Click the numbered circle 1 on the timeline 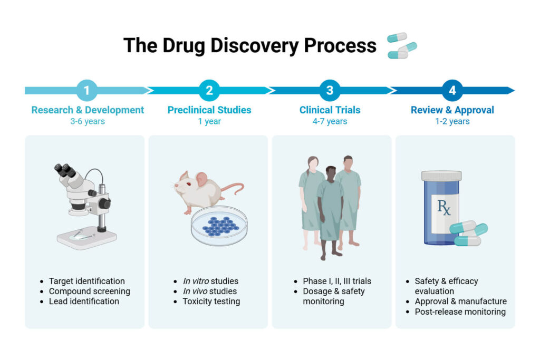point(87,90)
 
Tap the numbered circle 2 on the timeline point(209,90)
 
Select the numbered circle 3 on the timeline point(330,90)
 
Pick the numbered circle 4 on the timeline point(452,90)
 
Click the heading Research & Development point(88,110)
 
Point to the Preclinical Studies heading point(209,110)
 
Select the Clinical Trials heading point(330,110)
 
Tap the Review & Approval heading point(452,110)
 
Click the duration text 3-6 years point(87,122)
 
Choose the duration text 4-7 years point(330,122)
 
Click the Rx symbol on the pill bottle point(443,207)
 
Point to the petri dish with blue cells point(219,226)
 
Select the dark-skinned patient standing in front point(330,211)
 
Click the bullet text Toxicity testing point(211,301)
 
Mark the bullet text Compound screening point(89,291)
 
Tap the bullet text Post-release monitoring point(460,312)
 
